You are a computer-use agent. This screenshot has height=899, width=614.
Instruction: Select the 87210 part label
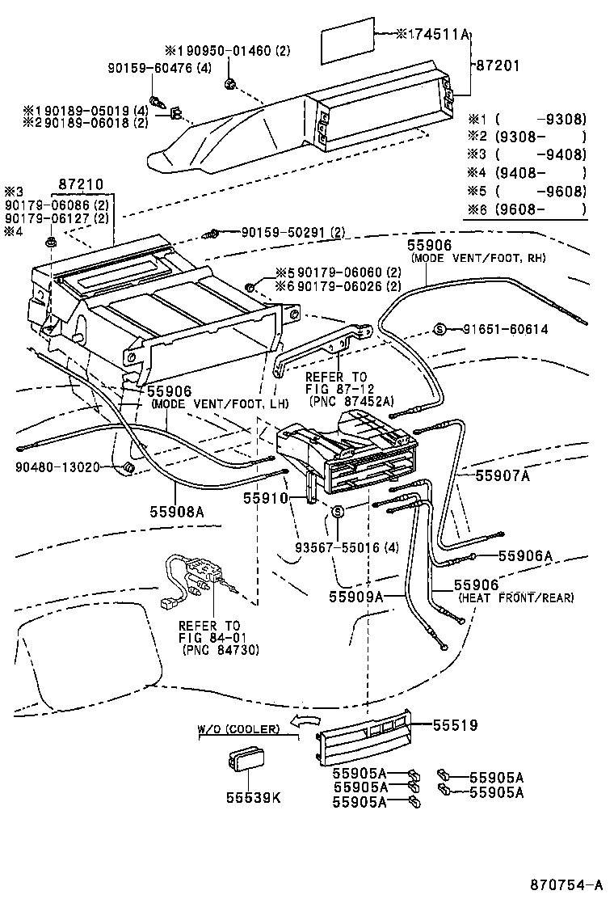tap(82, 185)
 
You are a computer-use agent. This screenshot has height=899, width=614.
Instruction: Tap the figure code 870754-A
tap(565, 884)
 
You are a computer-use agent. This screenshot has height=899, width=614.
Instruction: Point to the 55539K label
tap(253, 797)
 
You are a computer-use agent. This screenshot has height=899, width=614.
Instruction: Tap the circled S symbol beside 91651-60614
tap(440, 329)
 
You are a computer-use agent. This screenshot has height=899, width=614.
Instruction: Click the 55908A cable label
tap(176, 511)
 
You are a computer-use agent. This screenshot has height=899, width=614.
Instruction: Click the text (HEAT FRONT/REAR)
tap(515, 598)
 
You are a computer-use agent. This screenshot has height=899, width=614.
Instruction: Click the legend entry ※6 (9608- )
tap(526, 209)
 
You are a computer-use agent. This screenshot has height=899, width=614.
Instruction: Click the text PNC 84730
tap(209, 649)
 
